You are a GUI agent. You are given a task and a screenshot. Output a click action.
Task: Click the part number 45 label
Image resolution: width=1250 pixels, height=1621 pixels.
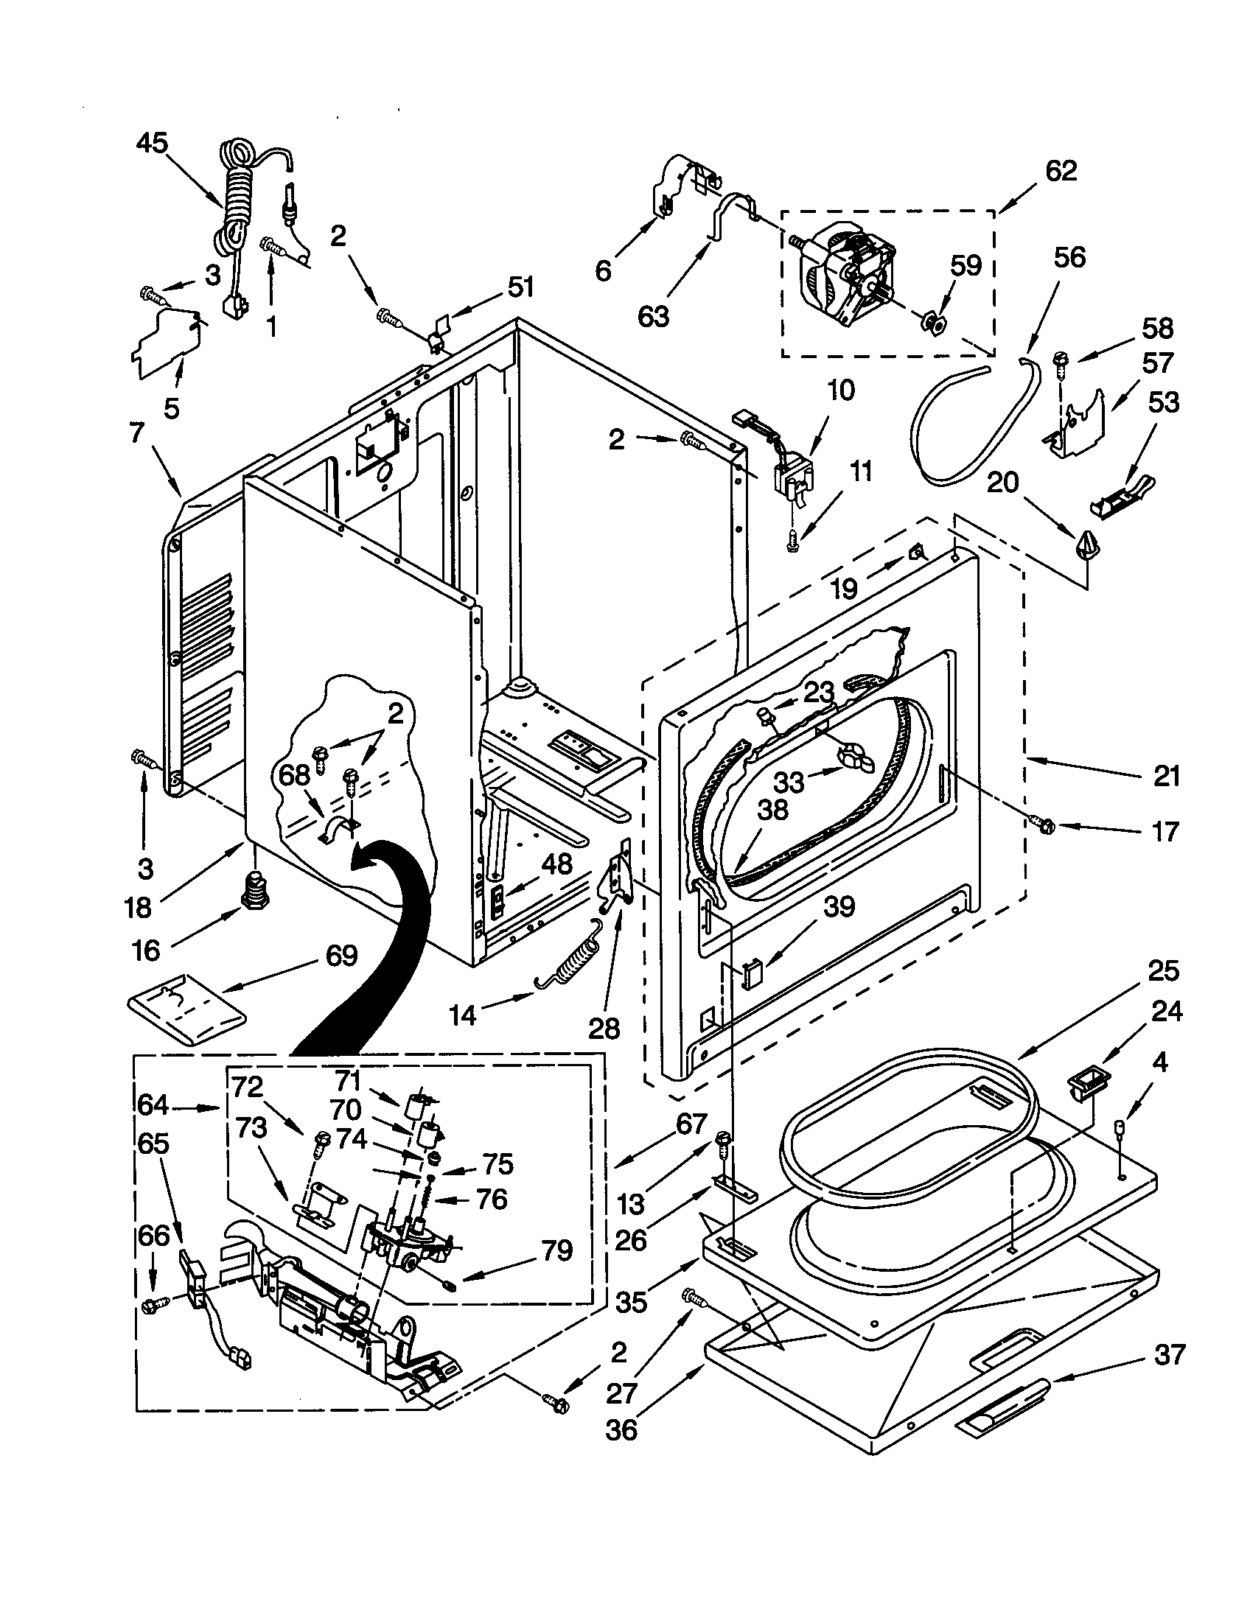(152, 143)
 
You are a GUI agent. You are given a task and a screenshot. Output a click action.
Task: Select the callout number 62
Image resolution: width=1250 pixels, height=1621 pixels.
(1061, 171)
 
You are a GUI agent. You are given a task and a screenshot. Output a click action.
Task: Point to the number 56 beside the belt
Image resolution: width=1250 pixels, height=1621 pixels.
(1069, 258)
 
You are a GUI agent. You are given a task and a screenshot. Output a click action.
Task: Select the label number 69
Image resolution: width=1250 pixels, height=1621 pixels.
(341, 955)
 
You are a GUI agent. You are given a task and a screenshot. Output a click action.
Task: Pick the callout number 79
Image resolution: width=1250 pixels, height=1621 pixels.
(556, 1250)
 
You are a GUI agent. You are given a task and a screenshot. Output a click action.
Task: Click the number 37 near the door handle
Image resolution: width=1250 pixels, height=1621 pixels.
(1170, 1354)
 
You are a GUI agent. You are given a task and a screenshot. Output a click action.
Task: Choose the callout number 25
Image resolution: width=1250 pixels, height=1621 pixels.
(1163, 970)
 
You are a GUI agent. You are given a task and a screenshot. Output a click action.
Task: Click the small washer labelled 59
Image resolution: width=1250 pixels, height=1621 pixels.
(933, 323)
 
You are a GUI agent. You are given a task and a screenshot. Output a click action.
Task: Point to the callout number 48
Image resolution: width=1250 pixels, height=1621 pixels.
(556, 864)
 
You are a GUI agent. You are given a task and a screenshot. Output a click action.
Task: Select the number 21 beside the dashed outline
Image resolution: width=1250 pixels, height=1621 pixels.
(1166, 777)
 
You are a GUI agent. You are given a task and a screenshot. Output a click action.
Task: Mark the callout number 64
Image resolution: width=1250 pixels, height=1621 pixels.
(153, 1105)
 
